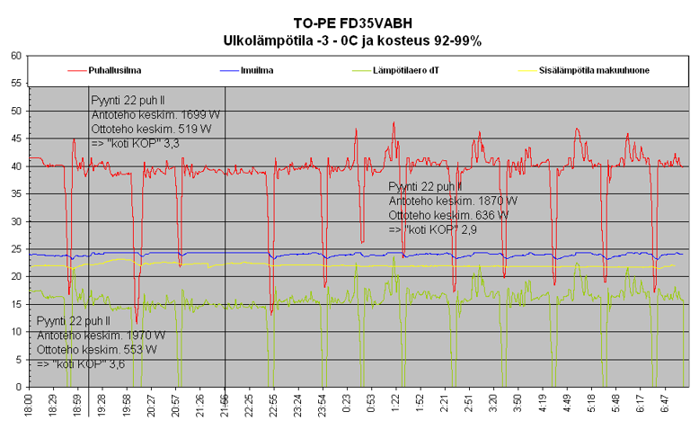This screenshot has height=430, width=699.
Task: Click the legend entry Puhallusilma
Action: click(x=113, y=70)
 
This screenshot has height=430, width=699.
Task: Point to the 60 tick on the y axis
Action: click(x=15, y=56)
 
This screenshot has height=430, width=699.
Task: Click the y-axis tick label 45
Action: click(x=15, y=139)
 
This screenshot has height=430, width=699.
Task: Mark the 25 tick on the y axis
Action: click(x=15, y=249)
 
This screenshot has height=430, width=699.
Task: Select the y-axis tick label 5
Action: click(x=18, y=360)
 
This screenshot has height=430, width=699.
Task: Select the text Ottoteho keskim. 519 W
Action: click(x=151, y=130)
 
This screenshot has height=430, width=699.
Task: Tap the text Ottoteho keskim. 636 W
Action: click(x=448, y=216)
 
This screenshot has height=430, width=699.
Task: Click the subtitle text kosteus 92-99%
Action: click(x=436, y=40)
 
